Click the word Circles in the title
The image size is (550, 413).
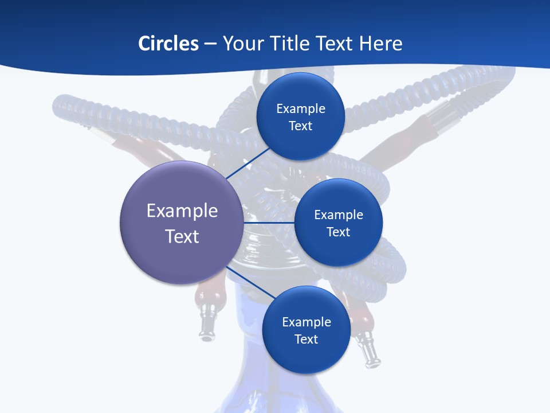tap(168, 43)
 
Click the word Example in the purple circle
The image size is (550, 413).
tap(182, 211)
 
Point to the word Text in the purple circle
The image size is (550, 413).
tap(182, 236)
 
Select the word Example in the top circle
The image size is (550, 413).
tap(301, 108)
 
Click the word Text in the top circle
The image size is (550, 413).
tap(301, 126)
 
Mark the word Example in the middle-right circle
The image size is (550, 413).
tap(339, 215)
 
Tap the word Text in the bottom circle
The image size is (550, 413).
tap(306, 339)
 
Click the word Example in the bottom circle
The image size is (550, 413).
tap(306, 322)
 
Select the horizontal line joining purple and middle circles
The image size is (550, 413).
tap(269, 223)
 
